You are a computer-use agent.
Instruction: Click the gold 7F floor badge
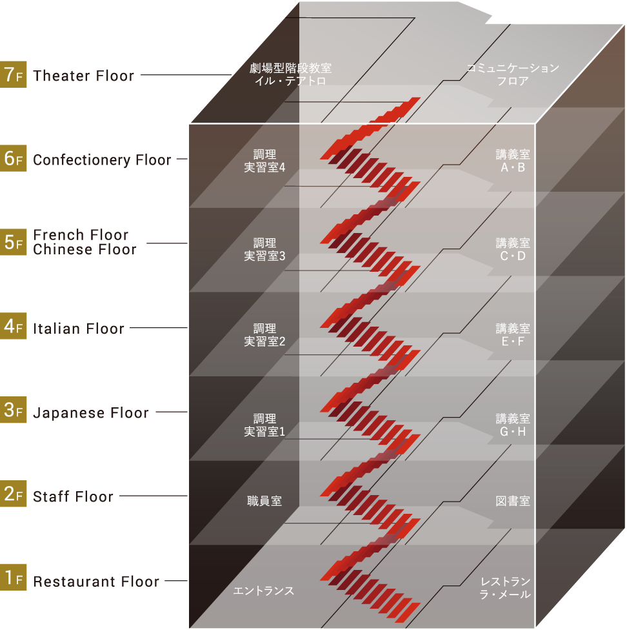(x=14, y=74)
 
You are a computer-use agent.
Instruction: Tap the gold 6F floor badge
(x=14, y=158)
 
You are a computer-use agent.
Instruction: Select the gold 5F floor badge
(x=14, y=242)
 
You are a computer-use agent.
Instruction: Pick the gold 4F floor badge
(x=14, y=326)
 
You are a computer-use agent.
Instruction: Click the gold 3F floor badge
(x=14, y=410)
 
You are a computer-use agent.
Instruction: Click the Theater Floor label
(x=83, y=76)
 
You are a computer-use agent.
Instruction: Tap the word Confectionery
(x=82, y=160)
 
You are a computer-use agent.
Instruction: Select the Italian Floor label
(x=79, y=329)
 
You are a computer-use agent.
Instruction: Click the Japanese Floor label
(x=91, y=413)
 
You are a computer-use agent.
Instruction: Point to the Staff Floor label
(x=73, y=496)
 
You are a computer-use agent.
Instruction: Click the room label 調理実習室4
(x=264, y=161)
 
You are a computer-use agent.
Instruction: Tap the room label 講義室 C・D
(x=513, y=250)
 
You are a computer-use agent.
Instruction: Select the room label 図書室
(x=513, y=501)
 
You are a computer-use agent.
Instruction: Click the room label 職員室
(x=264, y=501)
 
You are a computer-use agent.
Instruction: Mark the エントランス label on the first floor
(x=264, y=591)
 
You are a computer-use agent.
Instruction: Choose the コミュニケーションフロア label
(x=513, y=74)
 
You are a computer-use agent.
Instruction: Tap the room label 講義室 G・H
(x=513, y=425)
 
